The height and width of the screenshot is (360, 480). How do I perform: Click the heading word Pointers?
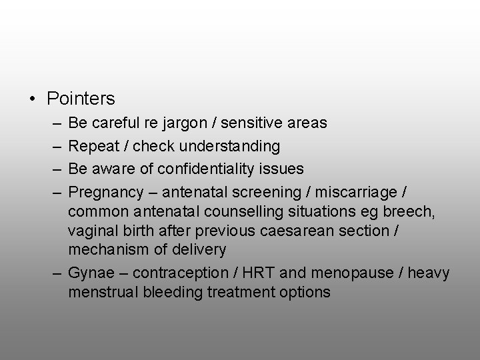pos(81,99)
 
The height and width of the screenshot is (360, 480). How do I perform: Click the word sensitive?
pos(253,123)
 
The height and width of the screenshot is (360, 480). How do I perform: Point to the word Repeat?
pos(93,146)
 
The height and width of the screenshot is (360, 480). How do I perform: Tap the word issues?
pos(283,169)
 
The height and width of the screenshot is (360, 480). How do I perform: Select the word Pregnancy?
pos(106,193)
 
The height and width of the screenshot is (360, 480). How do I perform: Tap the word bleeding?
pos(174,292)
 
